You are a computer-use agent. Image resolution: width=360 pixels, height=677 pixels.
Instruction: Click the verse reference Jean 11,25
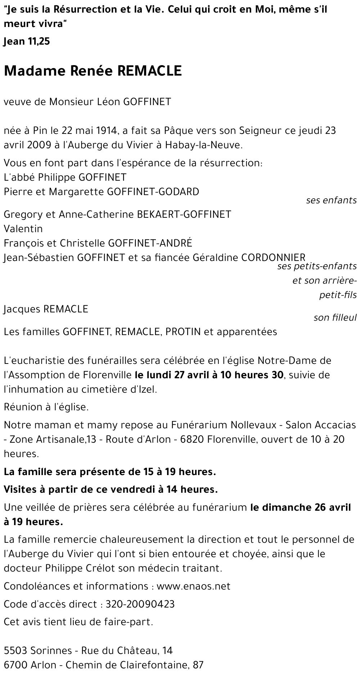coord(27,42)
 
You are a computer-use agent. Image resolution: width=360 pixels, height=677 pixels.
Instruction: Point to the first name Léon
coord(109,102)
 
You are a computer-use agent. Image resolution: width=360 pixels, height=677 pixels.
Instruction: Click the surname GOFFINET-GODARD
coord(153,191)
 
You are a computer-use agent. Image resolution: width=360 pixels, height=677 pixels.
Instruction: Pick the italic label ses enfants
coord(331,200)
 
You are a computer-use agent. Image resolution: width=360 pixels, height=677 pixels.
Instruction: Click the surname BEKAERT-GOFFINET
coord(184,214)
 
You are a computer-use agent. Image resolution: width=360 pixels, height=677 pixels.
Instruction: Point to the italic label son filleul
coord(335,317)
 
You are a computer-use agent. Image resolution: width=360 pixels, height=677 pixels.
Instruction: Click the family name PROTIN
coord(183,331)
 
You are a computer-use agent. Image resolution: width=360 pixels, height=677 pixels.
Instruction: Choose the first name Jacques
coord(22,309)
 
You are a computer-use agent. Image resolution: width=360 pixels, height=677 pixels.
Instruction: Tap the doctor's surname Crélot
coord(130,568)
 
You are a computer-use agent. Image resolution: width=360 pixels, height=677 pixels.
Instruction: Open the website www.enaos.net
coord(193,586)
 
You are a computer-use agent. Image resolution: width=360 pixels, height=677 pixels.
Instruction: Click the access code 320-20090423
coord(140,604)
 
